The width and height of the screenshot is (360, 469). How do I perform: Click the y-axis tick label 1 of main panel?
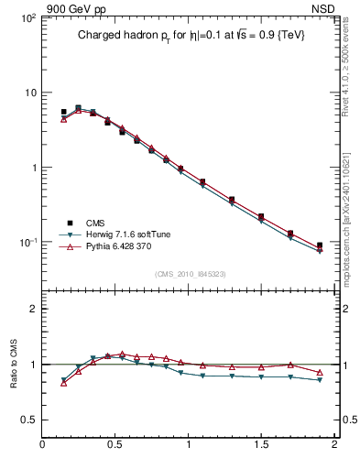coord(33,168)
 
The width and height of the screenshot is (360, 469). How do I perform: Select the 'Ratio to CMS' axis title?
coord(13,364)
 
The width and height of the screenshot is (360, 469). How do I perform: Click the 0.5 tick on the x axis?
coord(115,445)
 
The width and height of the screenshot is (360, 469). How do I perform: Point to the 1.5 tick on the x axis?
coord(261,445)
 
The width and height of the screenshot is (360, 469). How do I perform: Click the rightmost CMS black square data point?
coord(320,245)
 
